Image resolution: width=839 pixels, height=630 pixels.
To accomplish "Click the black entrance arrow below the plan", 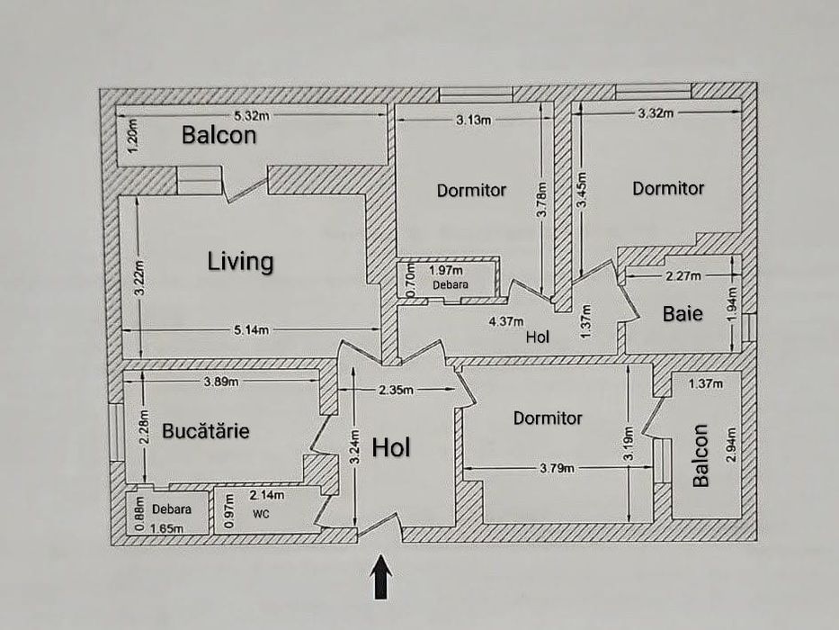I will coord(382,576).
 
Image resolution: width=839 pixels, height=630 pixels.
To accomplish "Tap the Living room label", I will coord(240,262).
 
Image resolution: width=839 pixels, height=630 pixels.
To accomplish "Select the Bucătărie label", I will coord(206,431).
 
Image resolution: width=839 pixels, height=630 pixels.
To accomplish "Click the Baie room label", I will coord(683,314).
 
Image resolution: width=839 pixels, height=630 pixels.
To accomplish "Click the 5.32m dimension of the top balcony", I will coord(252,115).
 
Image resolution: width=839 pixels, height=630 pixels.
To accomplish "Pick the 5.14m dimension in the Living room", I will coord(251,330).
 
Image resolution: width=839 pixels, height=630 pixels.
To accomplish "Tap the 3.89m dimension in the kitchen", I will coord(221,381).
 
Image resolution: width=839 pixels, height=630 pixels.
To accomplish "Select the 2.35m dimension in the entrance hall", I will coord(396,390).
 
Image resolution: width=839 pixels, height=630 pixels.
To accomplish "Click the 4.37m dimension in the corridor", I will coord(507,321).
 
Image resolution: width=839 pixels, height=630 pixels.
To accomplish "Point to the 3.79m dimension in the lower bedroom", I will coord(558,467).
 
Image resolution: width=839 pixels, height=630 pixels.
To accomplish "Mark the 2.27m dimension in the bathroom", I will coord(683,275).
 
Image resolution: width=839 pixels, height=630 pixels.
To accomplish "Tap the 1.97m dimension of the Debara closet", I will coord(446,270).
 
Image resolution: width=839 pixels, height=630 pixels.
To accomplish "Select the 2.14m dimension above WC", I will coord(267,495).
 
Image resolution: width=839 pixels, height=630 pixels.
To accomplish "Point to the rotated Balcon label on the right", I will coord(701,456).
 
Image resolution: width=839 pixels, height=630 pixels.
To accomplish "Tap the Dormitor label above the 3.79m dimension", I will coord(548,418).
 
